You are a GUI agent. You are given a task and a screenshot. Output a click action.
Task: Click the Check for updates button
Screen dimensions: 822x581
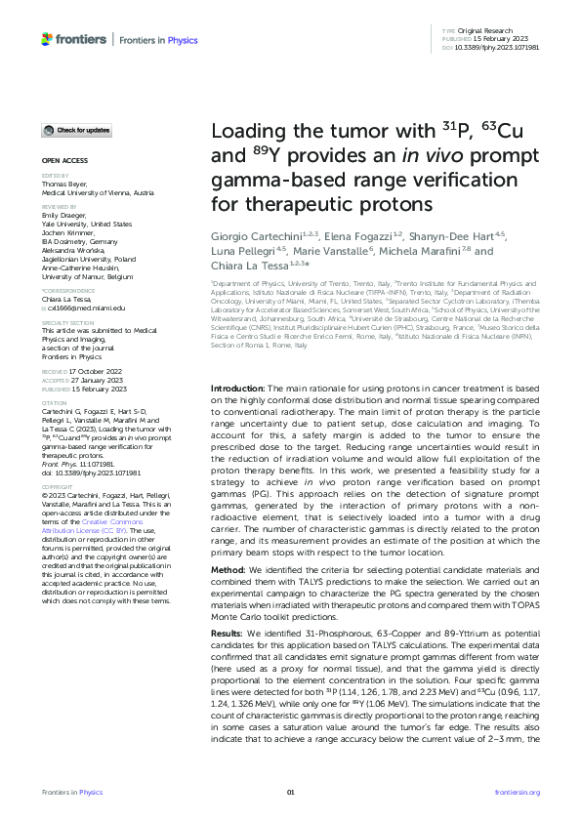tap(76, 130)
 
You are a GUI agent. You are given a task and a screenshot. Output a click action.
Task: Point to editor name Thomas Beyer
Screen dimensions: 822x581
tap(62, 183)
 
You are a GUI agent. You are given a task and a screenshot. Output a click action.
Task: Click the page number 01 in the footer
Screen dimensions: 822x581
tap(290, 792)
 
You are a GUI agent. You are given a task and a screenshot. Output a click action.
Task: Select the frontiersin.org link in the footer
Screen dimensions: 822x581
tap(518, 792)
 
